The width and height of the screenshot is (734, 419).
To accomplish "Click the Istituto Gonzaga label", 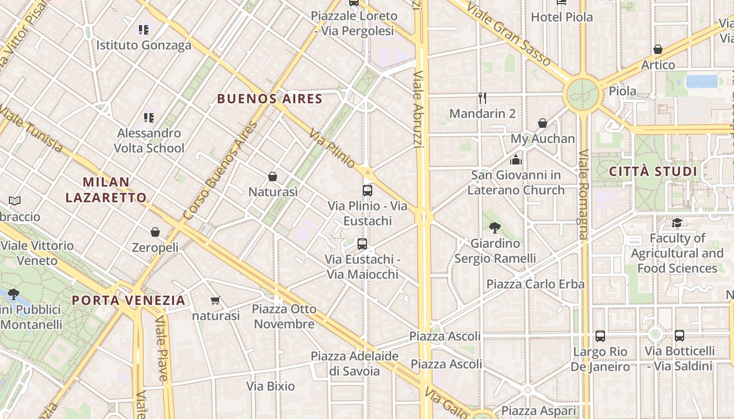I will (144, 46).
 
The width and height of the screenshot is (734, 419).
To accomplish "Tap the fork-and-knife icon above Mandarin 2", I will (482, 97).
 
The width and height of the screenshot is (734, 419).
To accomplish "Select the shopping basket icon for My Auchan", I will (543, 124).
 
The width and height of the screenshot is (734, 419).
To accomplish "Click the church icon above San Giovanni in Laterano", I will (516, 160).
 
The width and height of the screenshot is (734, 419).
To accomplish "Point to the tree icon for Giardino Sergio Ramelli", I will (494, 227).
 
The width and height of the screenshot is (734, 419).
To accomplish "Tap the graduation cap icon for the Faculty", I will (677, 223).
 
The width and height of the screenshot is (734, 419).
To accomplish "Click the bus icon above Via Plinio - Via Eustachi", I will (367, 191).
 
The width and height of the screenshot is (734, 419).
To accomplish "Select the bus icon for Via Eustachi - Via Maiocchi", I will (362, 244).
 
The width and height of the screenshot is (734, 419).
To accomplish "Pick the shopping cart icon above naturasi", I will (215, 301).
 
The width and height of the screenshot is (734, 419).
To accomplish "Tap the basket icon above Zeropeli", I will (155, 232).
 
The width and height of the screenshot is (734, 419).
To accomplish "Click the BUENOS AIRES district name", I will (269, 98).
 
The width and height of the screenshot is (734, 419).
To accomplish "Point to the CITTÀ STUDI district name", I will (653, 171).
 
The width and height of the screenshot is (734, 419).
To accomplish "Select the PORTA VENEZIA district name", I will (128, 300).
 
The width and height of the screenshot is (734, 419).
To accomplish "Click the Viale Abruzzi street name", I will (418, 110).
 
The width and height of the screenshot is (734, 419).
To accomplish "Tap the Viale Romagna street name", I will (584, 194).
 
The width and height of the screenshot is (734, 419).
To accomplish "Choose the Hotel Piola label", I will (562, 17).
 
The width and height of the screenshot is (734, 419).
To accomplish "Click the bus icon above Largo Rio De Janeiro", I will (600, 336).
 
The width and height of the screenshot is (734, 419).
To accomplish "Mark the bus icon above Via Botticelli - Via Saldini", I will (679, 335).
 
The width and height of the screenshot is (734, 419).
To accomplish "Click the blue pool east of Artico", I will (701, 81).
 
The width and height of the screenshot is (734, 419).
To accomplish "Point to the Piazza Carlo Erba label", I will (535, 284).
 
